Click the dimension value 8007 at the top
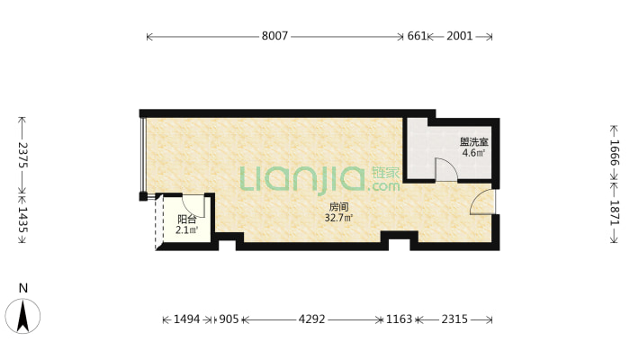coord(275,37)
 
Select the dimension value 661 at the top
coord(416,37)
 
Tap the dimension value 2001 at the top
coord(459,37)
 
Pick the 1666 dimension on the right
coord(615,151)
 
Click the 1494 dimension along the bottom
coord(186,319)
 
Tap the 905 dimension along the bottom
coord(229,319)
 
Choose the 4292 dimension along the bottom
coord(312,319)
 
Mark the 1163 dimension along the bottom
coord(400,319)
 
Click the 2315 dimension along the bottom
coord(454,319)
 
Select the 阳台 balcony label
coord(187,219)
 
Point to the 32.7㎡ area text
coord(339,218)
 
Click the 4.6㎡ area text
coord(473,153)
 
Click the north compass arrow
coord(24,314)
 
